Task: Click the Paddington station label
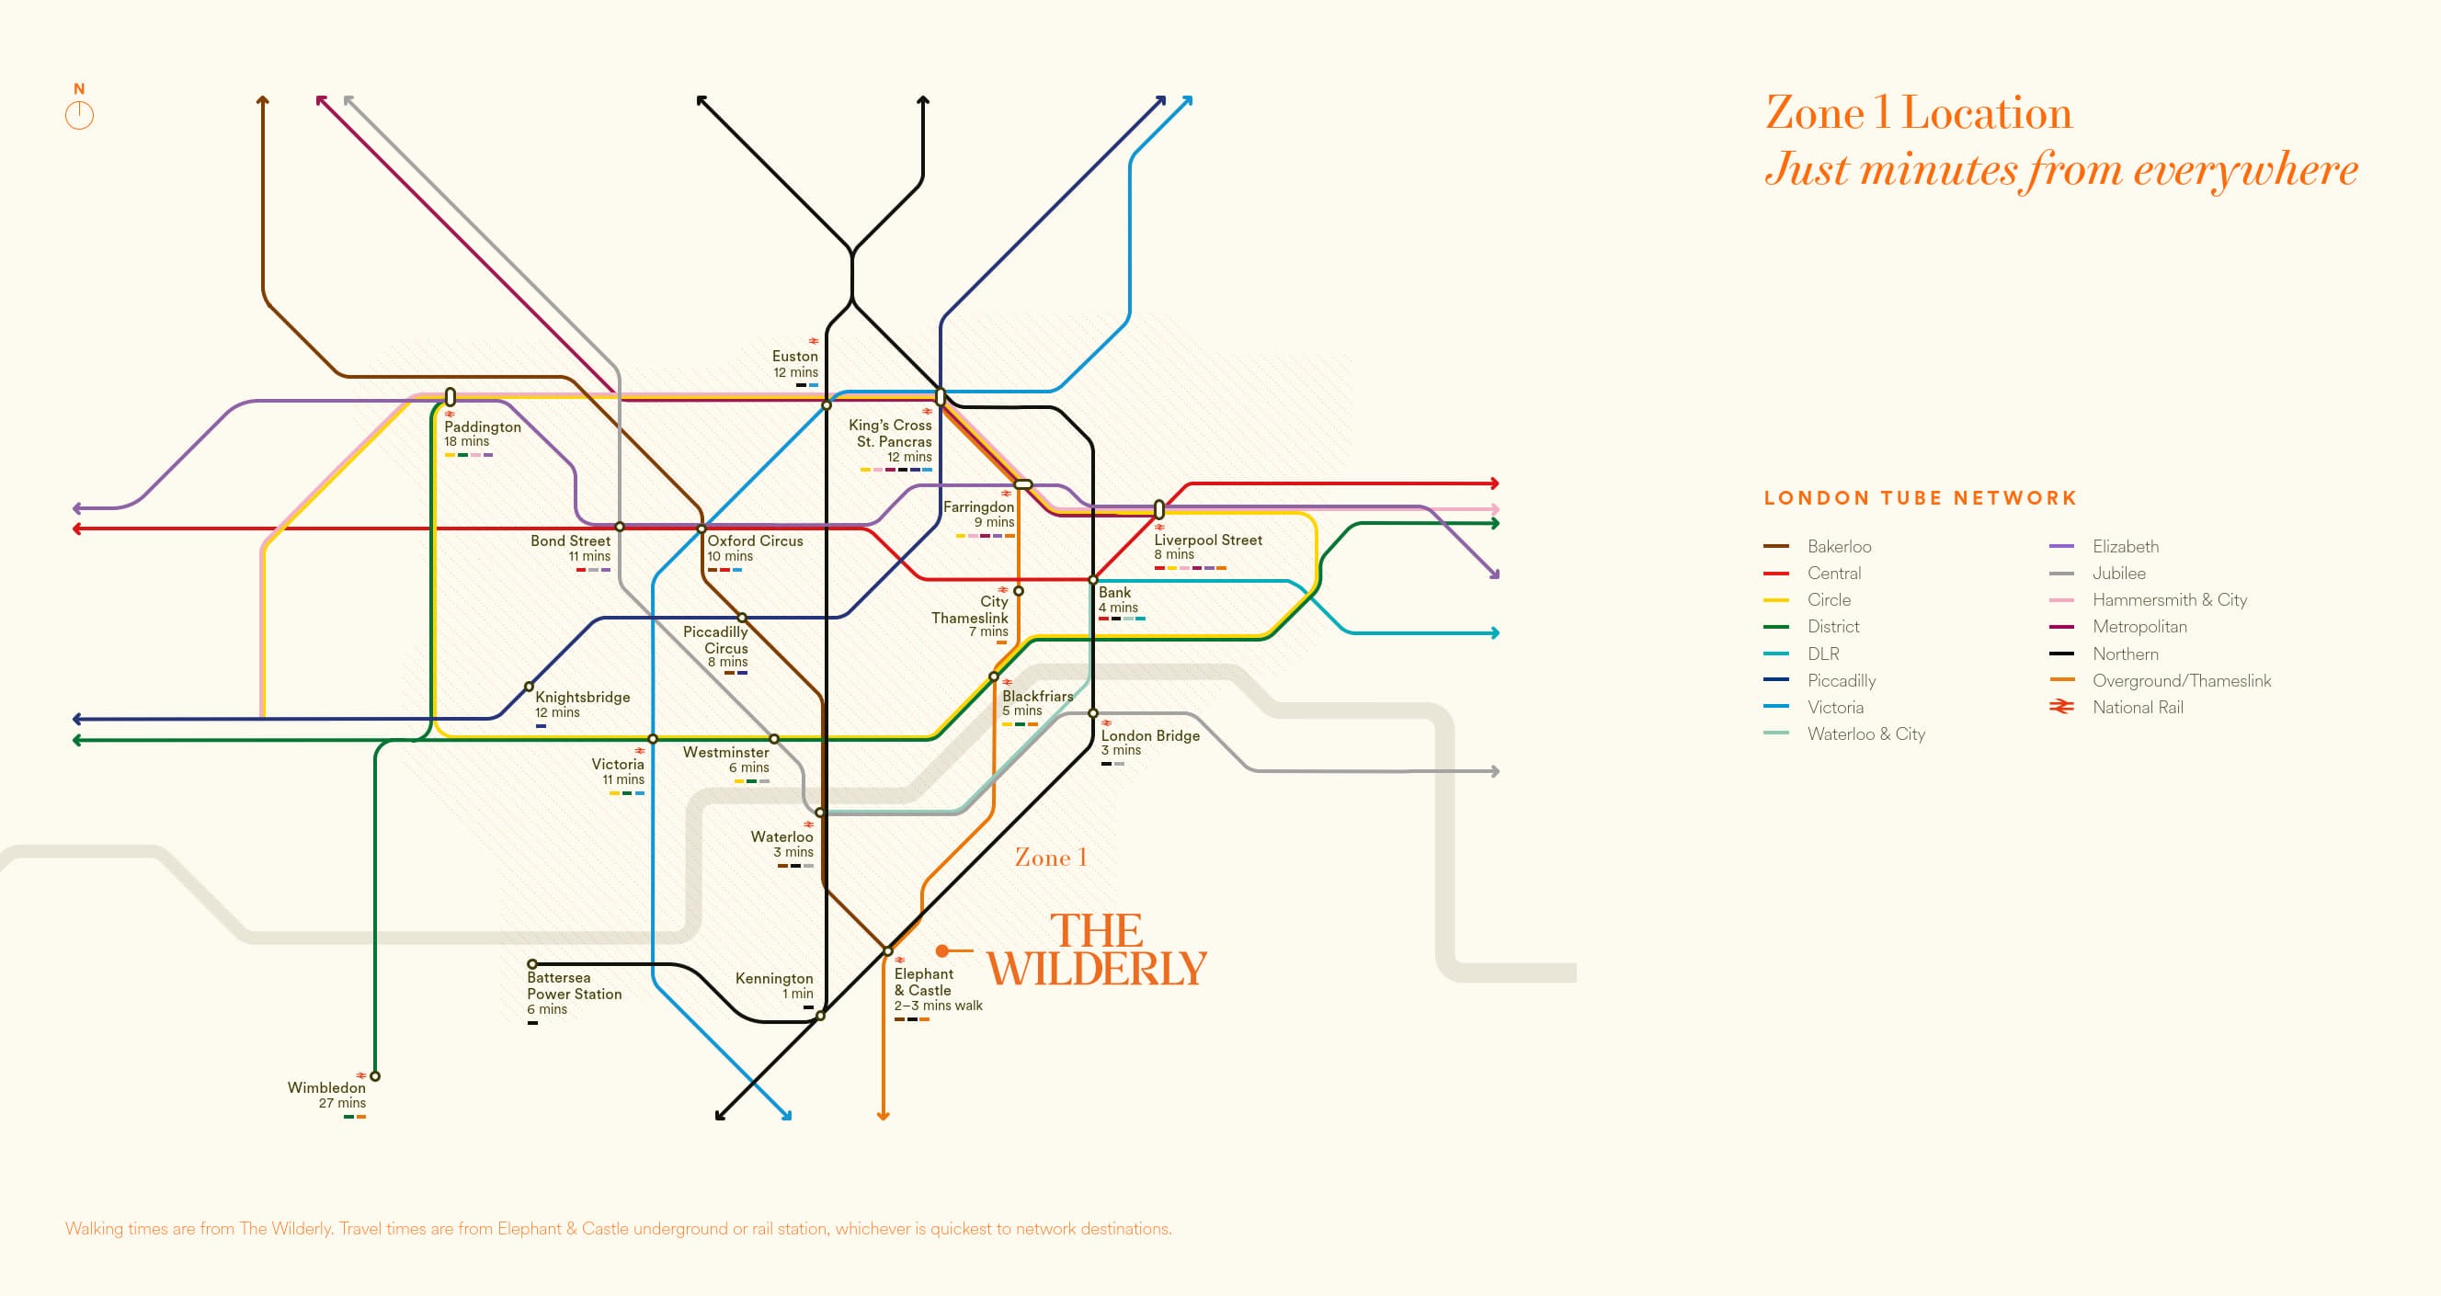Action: pyautogui.click(x=483, y=427)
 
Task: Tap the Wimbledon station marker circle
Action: pyautogui.click(x=375, y=1076)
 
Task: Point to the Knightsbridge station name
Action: pyautogui.click(x=582, y=698)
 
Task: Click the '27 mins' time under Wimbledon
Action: pyautogui.click(x=342, y=1103)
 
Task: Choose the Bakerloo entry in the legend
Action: pyautogui.click(x=1838, y=547)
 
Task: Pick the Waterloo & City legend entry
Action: pyautogui.click(x=1865, y=734)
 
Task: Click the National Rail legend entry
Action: pyautogui.click(x=2137, y=708)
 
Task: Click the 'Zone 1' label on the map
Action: pyautogui.click(x=1050, y=858)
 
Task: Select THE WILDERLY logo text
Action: pyautogui.click(x=1096, y=950)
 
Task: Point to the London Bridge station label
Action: pyautogui.click(x=1149, y=736)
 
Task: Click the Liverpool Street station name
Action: pyautogui.click(x=1207, y=540)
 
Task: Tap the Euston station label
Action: pyautogui.click(x=794, y=358)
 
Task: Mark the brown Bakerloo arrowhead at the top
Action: pyautogui.click(x=262, y=99)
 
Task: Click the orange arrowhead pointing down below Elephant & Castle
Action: pyautogui.click(x=884, y=1115)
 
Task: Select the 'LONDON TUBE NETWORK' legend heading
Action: pyautogui.click(x=1920, y=498)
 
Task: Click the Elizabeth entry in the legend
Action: pyautogui.click(x=2125, y=547)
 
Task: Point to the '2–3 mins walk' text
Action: pyautogui.click(x=938, y=1006)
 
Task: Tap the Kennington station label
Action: pyautogui.click(x=773, y=979)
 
